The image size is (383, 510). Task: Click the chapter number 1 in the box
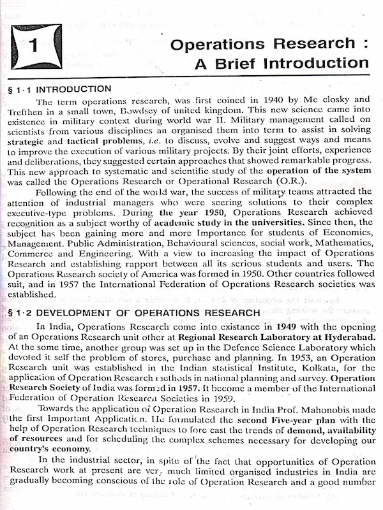(x=36, y=47)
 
